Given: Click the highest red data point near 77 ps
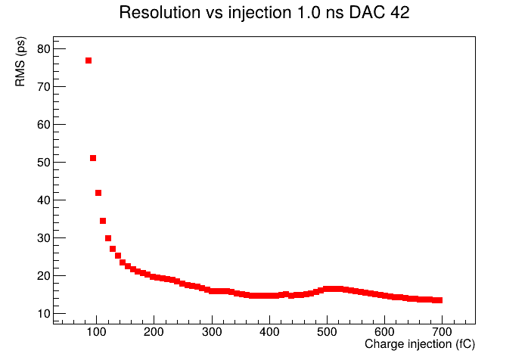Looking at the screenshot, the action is click(89, 61).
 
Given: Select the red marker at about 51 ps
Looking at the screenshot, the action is click(93, 158).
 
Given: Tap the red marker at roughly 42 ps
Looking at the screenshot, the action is click(98, 193).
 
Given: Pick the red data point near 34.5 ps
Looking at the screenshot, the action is click(103, 221).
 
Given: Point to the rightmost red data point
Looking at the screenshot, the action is click(439, 300).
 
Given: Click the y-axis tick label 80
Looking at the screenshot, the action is click(43, 49).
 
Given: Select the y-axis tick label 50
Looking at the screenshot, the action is click(43, 163).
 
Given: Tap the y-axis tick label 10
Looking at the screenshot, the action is click(43, 314).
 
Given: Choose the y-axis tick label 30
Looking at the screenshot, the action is click(43, 238).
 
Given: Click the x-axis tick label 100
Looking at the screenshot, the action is click(97, 332).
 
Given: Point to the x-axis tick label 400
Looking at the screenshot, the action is click(269, 332).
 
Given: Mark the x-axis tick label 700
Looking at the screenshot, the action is click(442, 332).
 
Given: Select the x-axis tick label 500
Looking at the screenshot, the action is click(327, 332).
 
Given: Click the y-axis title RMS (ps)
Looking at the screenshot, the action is click(20, 61).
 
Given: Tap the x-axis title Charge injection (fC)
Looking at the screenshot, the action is click(420, 344).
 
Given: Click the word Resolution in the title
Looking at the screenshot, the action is click(160, 13).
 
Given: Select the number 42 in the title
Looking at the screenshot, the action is click(399, 13).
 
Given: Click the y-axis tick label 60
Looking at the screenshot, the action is click(43, 125).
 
